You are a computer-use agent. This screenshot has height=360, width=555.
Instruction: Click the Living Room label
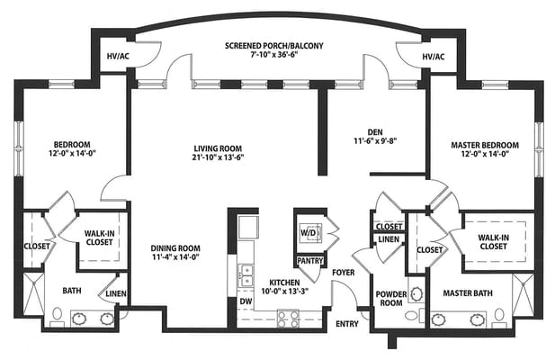click(218, 148)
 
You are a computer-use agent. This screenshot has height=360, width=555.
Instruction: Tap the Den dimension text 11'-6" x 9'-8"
click(375, 141)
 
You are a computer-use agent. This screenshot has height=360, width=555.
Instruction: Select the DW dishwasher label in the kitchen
click(246, 301)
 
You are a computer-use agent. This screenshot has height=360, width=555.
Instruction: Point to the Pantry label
click(310, 261)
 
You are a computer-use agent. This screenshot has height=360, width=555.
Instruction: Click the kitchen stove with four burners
click(288, 319)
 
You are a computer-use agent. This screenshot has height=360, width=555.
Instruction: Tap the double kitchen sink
click(246, 275)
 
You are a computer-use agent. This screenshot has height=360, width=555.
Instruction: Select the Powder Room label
click(391, 299)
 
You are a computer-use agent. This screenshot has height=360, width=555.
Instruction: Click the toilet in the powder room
click(415, 315)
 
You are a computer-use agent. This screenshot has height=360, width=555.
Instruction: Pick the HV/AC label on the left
click(118, 57)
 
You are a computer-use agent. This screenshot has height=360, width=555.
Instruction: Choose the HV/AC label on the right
click(434, 57)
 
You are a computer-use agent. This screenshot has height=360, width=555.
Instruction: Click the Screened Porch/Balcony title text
click(274, 46)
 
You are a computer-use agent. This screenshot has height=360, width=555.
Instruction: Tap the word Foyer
click(344, 272)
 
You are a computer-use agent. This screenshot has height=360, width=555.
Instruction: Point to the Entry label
click(347, 324)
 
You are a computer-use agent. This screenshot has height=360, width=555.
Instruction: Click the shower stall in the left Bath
click(33, 293)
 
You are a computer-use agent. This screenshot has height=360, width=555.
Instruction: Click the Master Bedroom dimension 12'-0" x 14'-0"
click(485, 154)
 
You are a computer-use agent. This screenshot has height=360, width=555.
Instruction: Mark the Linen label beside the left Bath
click(116, 293)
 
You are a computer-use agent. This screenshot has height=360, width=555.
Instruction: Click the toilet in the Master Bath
click(499, 317)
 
